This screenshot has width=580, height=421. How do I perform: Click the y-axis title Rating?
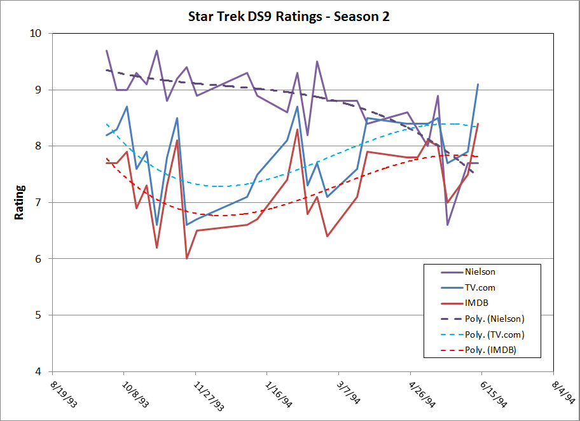[x=20, y=202]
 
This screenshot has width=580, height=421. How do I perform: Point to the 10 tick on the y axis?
[x=39, y=33]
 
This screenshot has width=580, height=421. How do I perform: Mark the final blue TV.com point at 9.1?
[x=478, y=84]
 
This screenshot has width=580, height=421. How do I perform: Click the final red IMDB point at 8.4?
[x=478, y=124]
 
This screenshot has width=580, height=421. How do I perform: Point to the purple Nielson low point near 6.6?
[x=448, y=224]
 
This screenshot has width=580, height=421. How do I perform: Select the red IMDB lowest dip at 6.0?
[x=187, y=258]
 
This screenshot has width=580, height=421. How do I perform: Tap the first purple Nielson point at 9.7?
[x=107, y=50]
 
